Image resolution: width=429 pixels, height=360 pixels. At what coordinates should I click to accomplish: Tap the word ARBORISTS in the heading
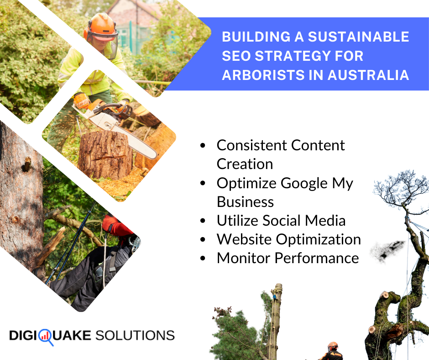258,75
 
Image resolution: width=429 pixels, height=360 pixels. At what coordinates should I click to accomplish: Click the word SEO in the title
236,56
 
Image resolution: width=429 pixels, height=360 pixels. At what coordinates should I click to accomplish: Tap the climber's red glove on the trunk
111,225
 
